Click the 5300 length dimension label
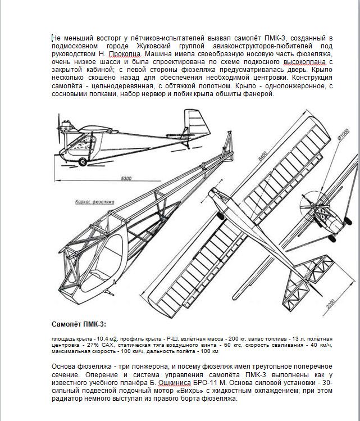tap(126, 178)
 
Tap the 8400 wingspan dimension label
tap(262, 156)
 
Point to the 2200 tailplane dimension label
tap(331, 304)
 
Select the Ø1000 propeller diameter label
tap(343, 134)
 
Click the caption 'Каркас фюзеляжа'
tap(95, 202)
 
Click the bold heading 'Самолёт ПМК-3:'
tap(79, 324)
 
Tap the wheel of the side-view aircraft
tap(83, 162)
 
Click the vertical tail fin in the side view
tap(197, 124)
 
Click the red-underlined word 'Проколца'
tap(125, 54)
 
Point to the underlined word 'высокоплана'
tap(305, 62)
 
